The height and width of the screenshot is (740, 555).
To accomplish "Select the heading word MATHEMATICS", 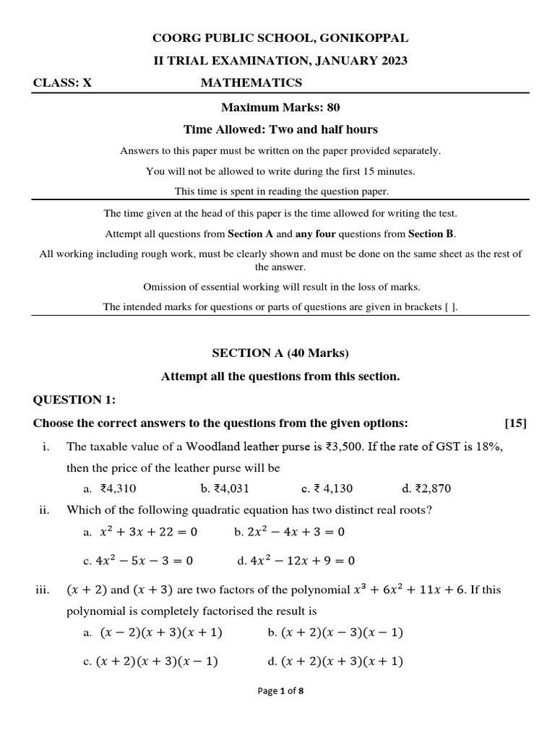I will pos(251,83).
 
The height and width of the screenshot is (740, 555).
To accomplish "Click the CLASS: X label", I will pos(63,83).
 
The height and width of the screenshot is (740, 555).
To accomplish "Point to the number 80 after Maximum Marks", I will pos(333,107).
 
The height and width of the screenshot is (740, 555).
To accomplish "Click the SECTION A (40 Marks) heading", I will pos(280,353).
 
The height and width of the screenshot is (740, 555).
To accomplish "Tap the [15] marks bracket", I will pos(516,423).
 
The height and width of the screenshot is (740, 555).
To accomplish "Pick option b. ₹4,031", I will pos(225,489).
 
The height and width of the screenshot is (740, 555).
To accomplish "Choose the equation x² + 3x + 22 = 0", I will pos(147,532).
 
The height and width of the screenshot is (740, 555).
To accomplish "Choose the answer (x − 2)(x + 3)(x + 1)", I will pos(158,632).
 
